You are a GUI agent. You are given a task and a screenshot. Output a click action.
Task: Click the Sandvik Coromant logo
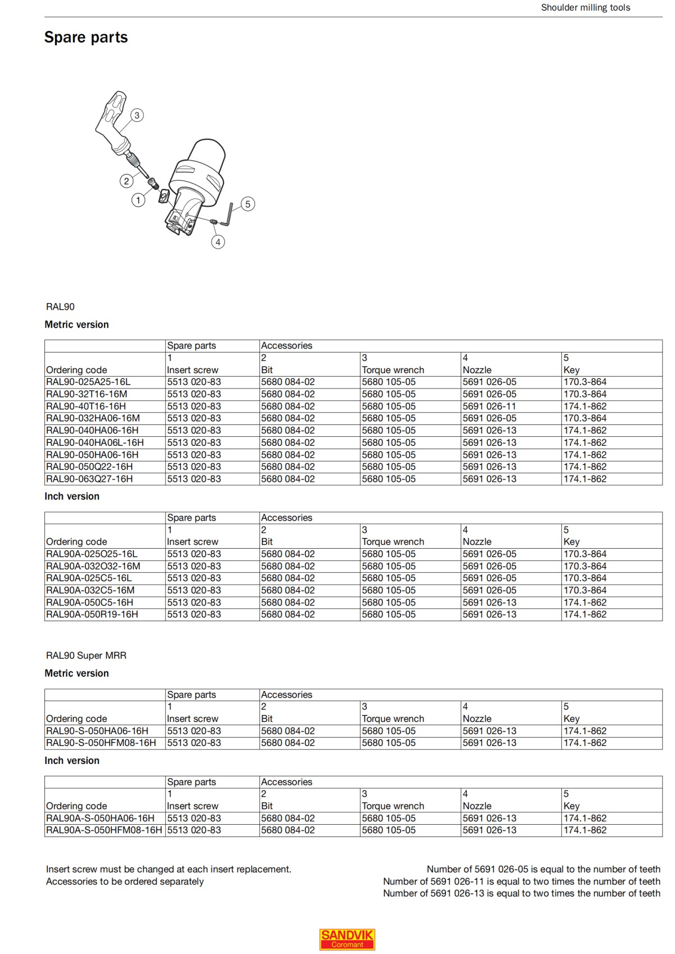point(347,939)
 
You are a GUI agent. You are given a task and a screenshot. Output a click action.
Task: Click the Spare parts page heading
point(86,37)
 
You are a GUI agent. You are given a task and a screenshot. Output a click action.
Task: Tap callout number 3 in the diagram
point(137,115)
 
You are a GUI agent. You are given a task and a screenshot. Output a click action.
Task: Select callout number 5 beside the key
point(247,204)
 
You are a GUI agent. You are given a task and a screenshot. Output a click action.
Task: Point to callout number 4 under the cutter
point(218,242)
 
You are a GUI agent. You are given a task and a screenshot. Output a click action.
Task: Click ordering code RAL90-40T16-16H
point(86,406)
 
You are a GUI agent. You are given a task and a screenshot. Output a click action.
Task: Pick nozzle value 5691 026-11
point(489,406)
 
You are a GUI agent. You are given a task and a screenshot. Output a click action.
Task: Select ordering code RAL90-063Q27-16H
point(89,479)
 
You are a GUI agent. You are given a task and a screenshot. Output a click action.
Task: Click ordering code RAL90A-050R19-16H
point(92,614)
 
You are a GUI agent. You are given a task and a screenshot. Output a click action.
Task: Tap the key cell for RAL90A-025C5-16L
point(585,578)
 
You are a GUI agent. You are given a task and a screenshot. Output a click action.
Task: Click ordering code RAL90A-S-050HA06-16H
point(100,818)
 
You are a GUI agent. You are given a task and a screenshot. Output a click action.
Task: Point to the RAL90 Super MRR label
point(86,655)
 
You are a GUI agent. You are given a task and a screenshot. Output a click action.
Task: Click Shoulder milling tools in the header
point(585,7)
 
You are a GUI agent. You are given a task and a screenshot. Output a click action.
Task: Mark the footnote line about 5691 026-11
point(521,881)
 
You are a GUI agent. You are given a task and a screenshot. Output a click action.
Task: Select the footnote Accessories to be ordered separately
point(125,881)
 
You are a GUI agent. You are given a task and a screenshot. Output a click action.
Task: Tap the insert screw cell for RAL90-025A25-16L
point(194,382)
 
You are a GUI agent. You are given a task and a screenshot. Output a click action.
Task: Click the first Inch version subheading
point(72,496)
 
